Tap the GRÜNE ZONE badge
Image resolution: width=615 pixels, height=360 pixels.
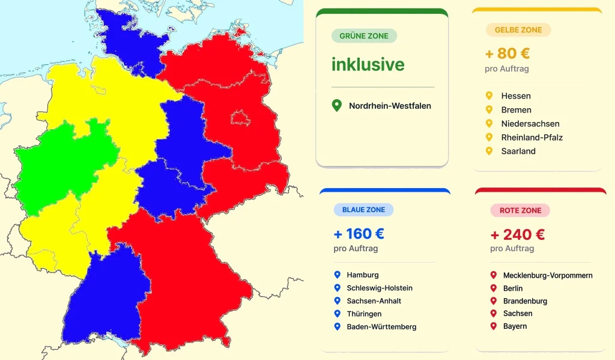pos(364,36)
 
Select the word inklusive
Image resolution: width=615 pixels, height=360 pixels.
pos(368,64)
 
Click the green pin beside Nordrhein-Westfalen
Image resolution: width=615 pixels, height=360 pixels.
pos(337,106)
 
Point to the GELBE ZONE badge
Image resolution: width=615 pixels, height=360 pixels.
pos(518,30)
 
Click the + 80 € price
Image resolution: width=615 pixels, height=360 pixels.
pos(507,53)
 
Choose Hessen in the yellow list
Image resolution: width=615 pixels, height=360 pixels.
pos(516,96)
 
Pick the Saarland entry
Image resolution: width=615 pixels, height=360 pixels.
pos(518,151)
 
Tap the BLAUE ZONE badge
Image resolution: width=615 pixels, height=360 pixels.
pos(363,210)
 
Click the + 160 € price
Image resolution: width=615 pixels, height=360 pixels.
pos(359,234)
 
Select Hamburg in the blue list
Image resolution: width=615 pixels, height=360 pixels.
pos(363,275)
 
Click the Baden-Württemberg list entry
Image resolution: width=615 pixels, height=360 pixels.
pos(381,327)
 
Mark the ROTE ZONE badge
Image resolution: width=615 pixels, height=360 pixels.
pos(520,211)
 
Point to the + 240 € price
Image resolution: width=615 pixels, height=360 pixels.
pos(517,234)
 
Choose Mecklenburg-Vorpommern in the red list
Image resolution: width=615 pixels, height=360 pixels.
pos(548,276)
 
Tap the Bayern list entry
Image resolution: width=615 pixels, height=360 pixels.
pos(515,326)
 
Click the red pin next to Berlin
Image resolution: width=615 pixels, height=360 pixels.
pos(494,288)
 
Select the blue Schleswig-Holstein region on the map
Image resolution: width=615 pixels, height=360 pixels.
pos(129,39)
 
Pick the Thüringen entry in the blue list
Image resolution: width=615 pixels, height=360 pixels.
pos(364,314)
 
